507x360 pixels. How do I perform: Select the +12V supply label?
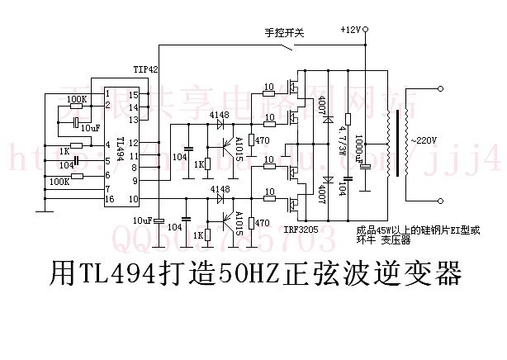tap(350, 30)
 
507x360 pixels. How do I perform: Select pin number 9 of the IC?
tap(133, 178)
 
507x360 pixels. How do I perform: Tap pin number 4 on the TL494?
tap(107, 145)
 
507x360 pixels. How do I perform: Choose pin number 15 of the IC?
tap(133, 95)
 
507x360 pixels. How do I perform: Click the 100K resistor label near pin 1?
tap(76, 99)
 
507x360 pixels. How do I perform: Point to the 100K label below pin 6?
tap(59, 181)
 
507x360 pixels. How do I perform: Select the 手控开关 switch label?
tap(285, 33)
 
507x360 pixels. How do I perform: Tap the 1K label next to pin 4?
tap(63, 151)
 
